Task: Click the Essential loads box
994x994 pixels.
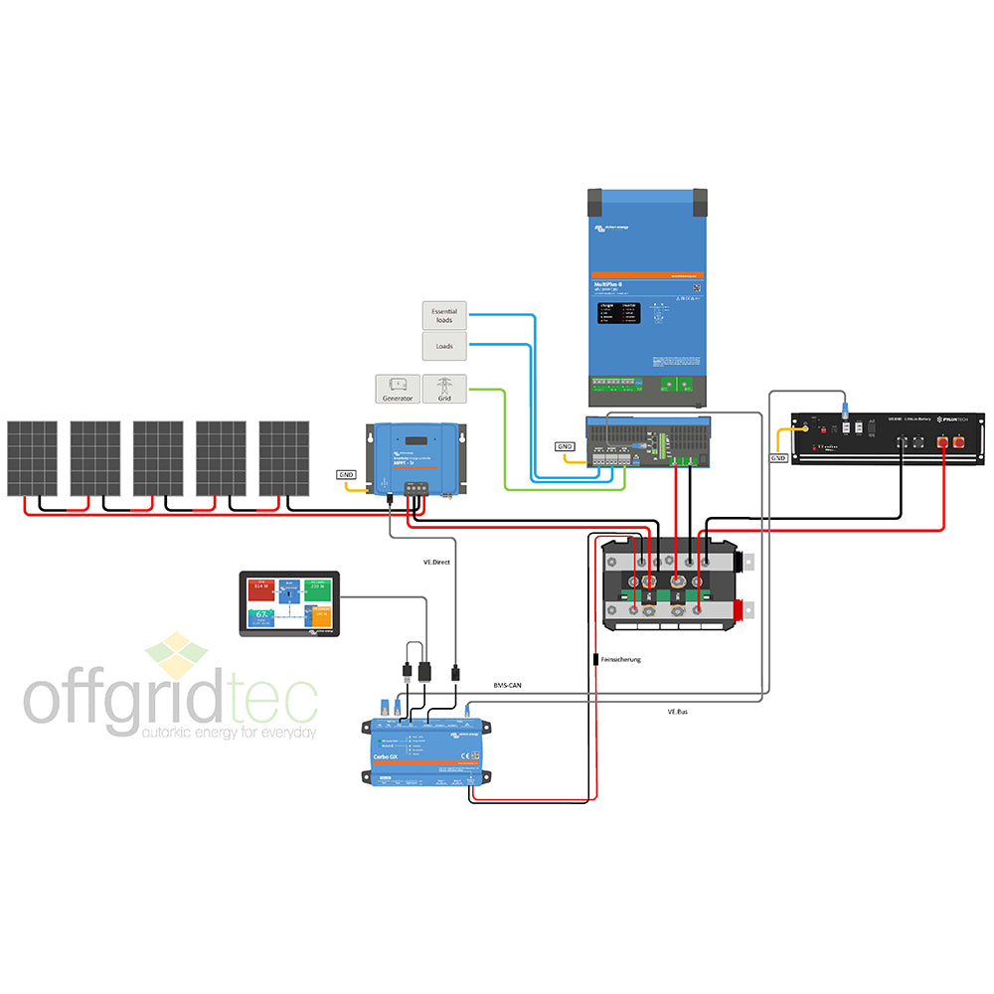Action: (444, 316)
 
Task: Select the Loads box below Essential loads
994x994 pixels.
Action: (444, 347)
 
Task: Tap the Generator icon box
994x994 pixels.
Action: (397, 389)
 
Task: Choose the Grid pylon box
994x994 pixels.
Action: (444, 389)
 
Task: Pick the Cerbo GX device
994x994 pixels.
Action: (428, 750)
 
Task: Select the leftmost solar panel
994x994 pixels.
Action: (32, 458)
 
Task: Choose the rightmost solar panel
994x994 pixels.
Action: (284, 458)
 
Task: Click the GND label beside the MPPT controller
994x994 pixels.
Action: (346, 475)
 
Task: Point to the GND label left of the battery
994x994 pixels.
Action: (779, 458)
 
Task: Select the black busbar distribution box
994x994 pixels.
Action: (672, 586)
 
